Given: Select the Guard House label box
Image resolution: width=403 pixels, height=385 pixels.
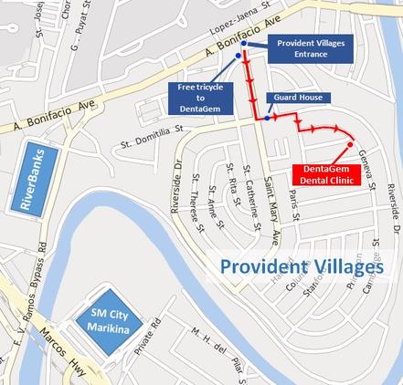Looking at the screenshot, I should tap(298, 98).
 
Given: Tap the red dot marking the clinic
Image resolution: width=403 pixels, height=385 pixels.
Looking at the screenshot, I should tap(351, 145).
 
